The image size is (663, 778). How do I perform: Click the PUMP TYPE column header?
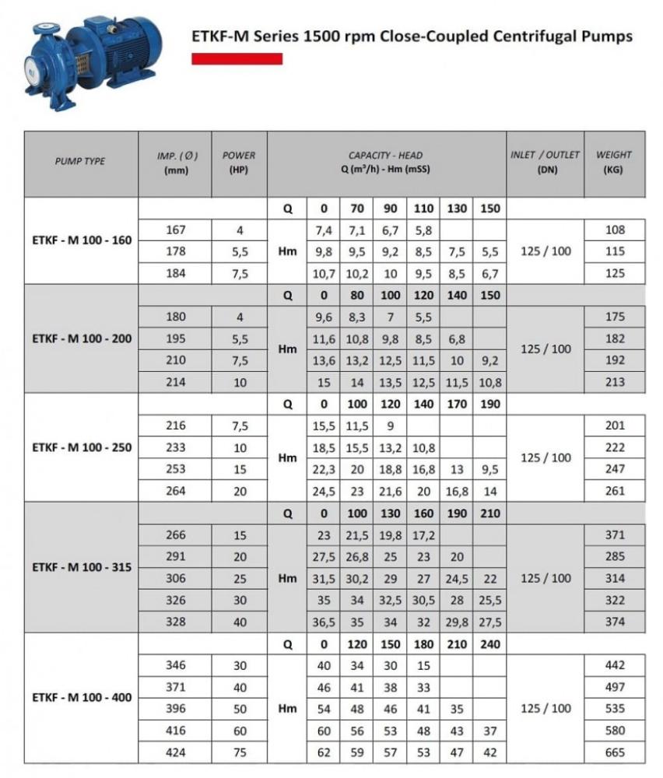(x=80, y=162)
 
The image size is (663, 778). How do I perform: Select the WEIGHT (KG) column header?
(x=614, y=162)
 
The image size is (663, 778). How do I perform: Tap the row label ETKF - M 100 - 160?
(x=82, y=240)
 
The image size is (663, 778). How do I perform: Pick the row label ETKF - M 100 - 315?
(x=82, y=567)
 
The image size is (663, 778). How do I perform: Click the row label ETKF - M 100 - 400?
(x=82, y=698)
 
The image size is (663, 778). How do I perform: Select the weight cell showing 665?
(x=615, y=753)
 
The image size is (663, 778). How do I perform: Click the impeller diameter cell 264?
(x=175, y=491)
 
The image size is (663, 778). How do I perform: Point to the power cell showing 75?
(x=240, y=753)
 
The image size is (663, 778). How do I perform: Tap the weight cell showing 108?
(x=615, y=230)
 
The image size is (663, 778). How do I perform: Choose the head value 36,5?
(x=324, y=622)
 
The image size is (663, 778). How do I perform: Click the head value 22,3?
(x=324, y=469)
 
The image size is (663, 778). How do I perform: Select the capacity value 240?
(x=489, y=645)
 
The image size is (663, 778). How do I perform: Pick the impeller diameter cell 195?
(x=175, y=339)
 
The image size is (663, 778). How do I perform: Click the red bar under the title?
(x=237, y=58)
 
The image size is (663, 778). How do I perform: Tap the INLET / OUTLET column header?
(x=545, y=162)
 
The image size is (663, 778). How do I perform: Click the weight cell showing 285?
(x=615, y=557)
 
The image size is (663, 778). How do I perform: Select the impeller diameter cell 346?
(x=175, y=666)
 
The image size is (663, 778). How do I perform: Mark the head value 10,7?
(x=324, y=274)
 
